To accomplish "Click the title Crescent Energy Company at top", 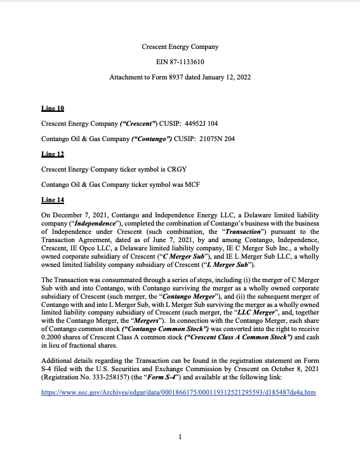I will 180,46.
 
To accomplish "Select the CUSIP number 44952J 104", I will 200,124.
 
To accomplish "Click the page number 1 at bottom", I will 180,437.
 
